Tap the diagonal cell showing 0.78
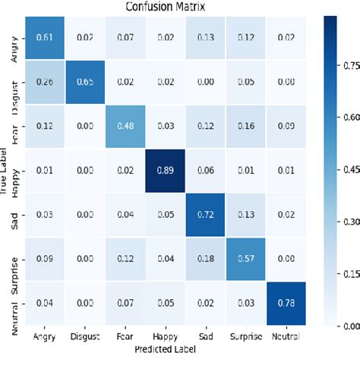point(292,303)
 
